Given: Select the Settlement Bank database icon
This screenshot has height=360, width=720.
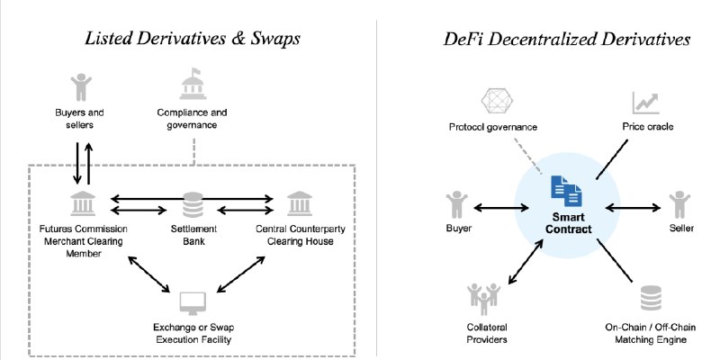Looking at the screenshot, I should coord(192,206).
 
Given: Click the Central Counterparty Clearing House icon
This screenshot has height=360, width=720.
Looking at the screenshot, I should coord(300,204).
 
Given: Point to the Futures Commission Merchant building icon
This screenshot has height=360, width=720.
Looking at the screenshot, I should coord(83,204).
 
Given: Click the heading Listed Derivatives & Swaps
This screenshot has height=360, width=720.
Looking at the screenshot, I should coord(193,39).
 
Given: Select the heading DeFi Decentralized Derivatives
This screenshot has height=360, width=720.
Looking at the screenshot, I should coord(567,39).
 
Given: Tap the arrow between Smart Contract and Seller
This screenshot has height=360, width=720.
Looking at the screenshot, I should coord(635,209).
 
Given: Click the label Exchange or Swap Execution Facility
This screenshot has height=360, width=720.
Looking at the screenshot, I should coord(192,332).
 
